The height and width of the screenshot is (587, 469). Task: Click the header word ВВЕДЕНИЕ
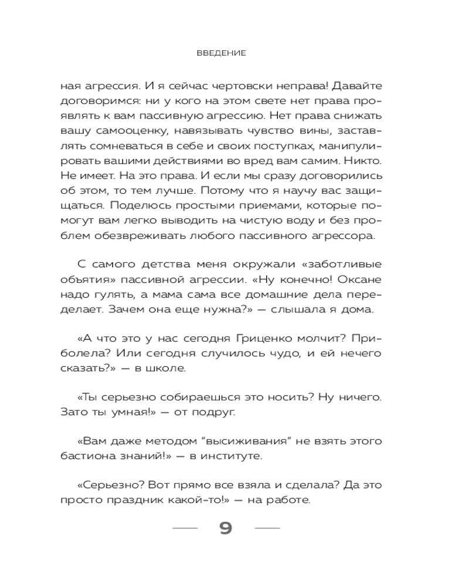coord(221,53)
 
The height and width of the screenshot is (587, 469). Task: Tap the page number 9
coord(226,528)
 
